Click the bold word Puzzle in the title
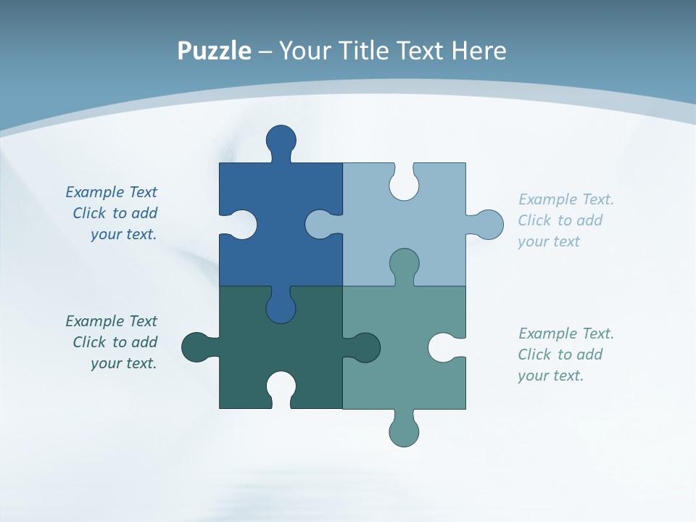[214, 51]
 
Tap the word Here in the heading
[478, 51]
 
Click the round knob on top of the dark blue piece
[281, 140]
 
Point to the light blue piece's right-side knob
[488, 225]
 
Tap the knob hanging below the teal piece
[405, 431]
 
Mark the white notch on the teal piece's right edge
[444, 347]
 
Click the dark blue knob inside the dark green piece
[281, 307]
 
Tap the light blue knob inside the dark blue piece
[320, 224]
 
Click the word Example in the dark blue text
[95, 192]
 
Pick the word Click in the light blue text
[534, 220]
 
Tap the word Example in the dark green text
[95, 321]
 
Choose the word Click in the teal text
[534, 355]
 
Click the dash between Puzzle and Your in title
[265, 51]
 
